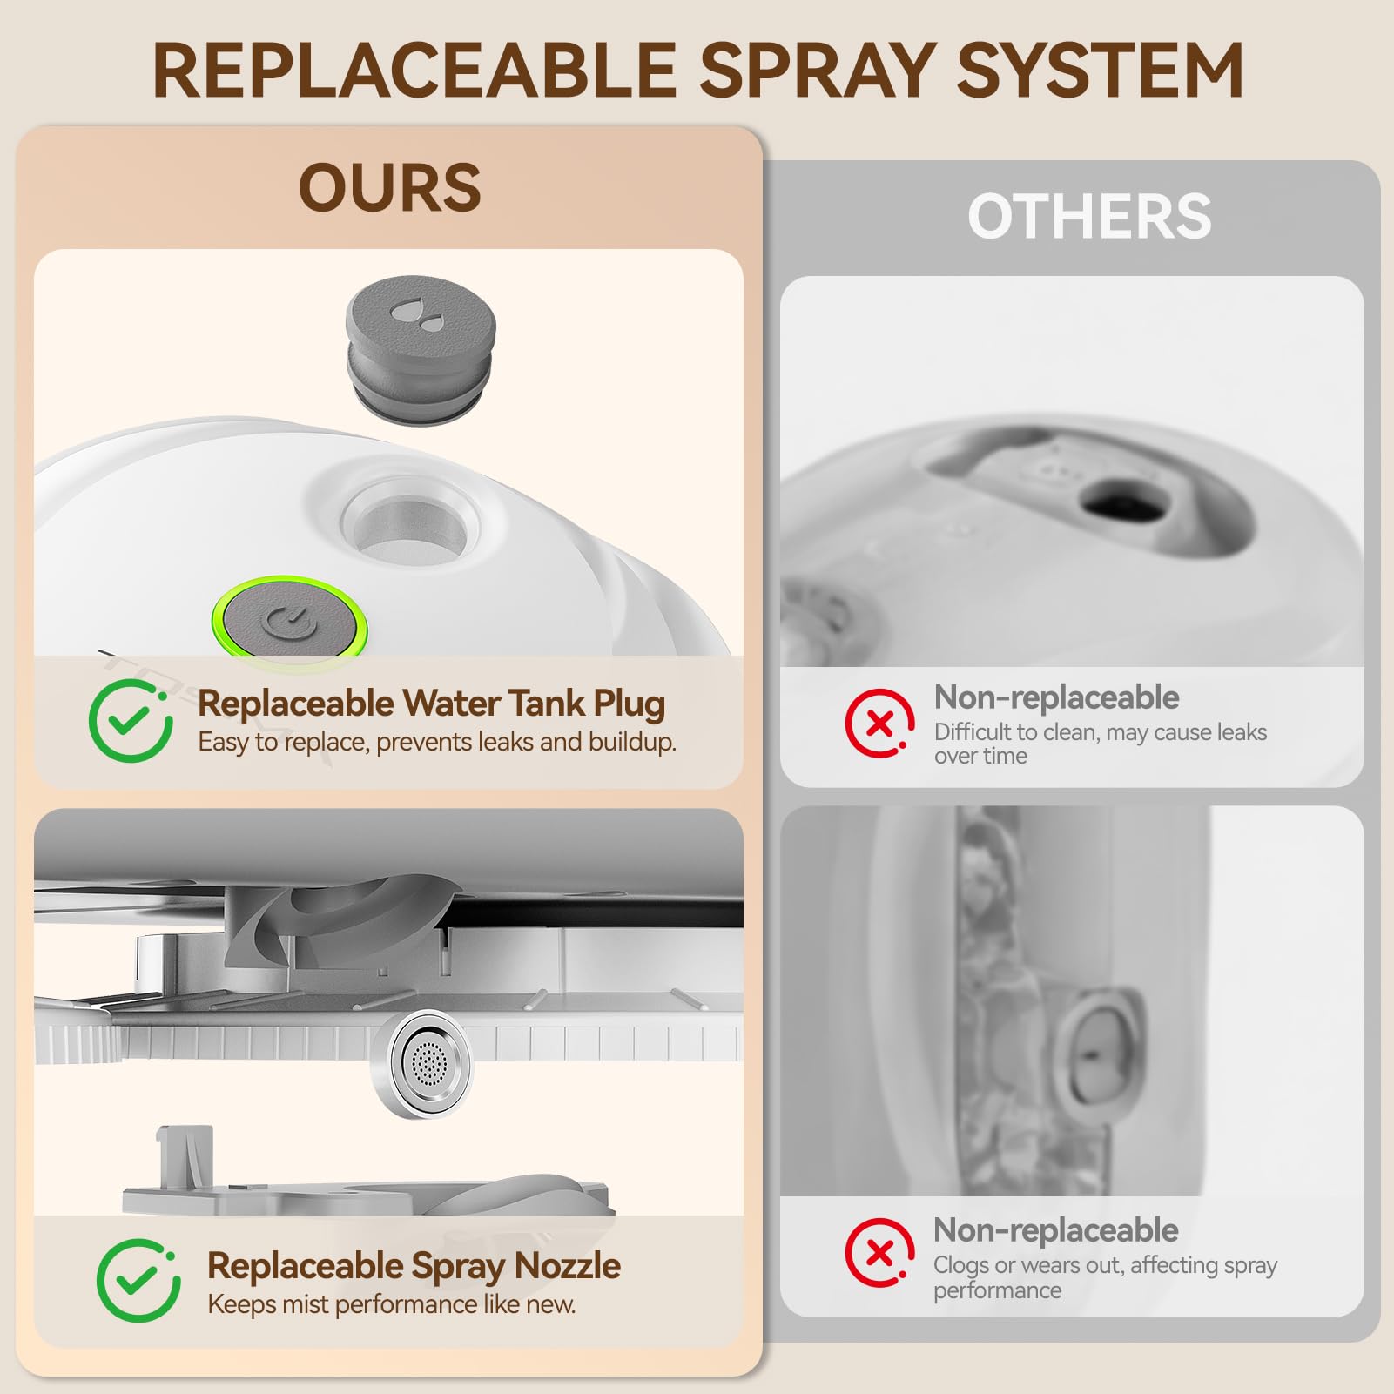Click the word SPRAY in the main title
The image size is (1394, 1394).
(817, 71)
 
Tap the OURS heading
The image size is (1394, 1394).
(389, 187)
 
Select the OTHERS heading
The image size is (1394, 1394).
(1089, 217)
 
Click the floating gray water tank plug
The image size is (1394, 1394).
(421, 350)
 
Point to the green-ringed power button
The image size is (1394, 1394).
(290, 622)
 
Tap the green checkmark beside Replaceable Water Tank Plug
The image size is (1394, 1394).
(131, 721)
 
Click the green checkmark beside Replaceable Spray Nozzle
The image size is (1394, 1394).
(138, 1280)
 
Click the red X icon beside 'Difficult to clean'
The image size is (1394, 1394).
(879, 724)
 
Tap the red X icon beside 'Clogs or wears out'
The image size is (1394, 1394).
(879, 1252)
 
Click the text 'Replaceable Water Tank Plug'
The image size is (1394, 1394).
(431, 704)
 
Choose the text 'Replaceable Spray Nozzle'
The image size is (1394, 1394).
(414, 1266)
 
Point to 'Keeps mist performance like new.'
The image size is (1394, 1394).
(391, 1304)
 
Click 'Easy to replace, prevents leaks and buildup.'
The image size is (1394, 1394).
(436, 742)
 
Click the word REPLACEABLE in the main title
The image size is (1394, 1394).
(414, 71)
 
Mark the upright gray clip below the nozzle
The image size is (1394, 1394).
(185, 1158)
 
